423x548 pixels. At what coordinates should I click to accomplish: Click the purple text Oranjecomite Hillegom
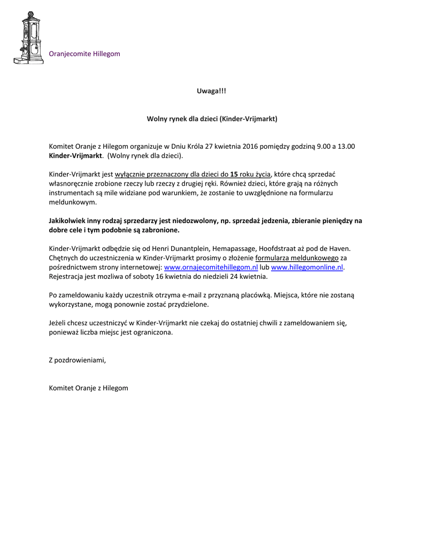click(x=84, y=54)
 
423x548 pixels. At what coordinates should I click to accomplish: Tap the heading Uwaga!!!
click(x=212, y=92)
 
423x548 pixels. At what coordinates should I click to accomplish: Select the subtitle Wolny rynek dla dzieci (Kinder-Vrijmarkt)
click(x=212, y=118)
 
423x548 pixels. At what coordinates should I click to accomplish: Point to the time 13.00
click(x=346, y=146)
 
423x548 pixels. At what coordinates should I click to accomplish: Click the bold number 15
click(x=234, y=174)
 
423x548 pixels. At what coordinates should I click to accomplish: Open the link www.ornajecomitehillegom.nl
click(x=211, y=267)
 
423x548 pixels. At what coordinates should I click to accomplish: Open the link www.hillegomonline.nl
click(x=307, y=267)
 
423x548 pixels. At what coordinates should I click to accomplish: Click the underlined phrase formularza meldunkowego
click(x=297, y=258)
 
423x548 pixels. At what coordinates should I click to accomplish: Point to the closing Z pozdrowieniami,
click(x=78, y=360)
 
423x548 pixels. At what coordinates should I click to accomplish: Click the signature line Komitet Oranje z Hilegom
click(x=88, y=387)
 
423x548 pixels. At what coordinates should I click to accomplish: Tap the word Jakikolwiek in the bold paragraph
click(x=67, y=220)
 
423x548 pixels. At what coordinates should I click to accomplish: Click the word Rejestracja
click(x=66, y=277)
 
